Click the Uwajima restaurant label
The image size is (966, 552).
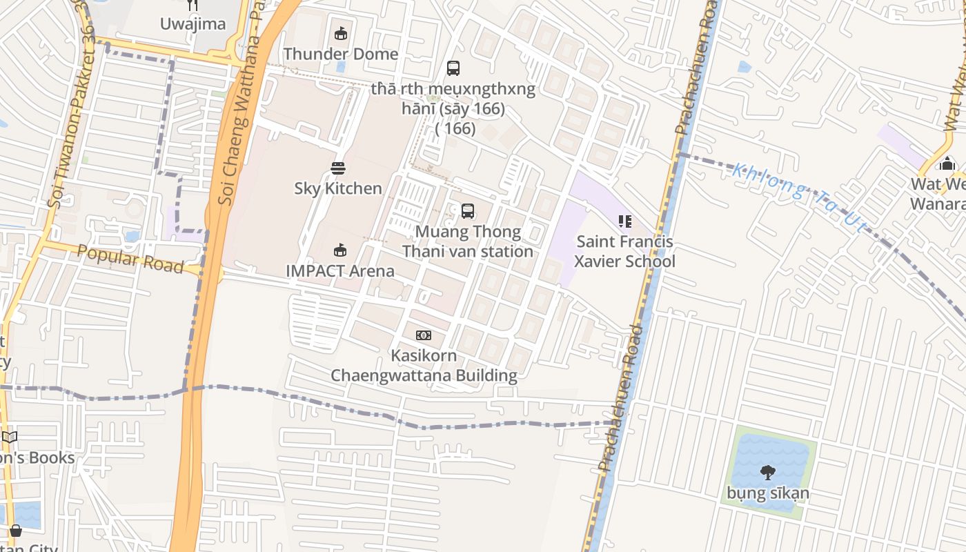(193, 24)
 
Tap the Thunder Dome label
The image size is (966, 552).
(341, 54)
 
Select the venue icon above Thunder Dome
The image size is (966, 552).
(341, 33)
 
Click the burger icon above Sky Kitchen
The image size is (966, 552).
(337, 168)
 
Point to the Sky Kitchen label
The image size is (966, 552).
(338, 188)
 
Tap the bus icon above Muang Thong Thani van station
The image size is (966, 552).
(468, 211)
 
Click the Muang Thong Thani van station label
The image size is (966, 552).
(468, 241)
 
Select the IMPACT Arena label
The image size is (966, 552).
(340, 270)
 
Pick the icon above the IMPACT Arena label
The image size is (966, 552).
(339, 250)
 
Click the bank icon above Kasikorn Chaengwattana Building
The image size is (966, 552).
(424, 335)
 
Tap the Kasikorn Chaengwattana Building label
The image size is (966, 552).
(424, 366)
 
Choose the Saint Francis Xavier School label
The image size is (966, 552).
(625, 252)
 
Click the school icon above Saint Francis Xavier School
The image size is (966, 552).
(625, 221)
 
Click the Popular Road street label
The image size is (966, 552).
(130, 259)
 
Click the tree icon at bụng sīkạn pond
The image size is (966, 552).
(767, 473)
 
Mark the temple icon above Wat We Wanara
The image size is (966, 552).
(947, 164)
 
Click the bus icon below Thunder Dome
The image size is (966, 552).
(453, 68)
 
